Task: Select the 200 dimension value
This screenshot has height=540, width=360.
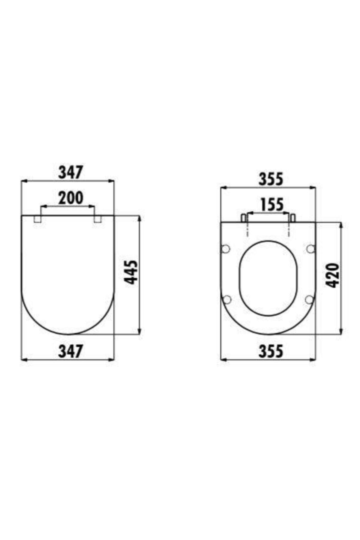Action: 70,198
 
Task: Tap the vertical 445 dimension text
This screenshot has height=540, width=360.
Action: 131,272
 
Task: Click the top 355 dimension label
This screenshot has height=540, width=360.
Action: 271,179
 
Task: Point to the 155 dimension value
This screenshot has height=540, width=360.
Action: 271,205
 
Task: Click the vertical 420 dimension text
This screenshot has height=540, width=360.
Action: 333,275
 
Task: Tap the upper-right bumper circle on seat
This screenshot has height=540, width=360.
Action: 311,248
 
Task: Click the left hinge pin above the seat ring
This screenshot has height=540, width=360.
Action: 244,218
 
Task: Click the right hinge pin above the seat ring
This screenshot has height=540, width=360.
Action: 293,218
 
